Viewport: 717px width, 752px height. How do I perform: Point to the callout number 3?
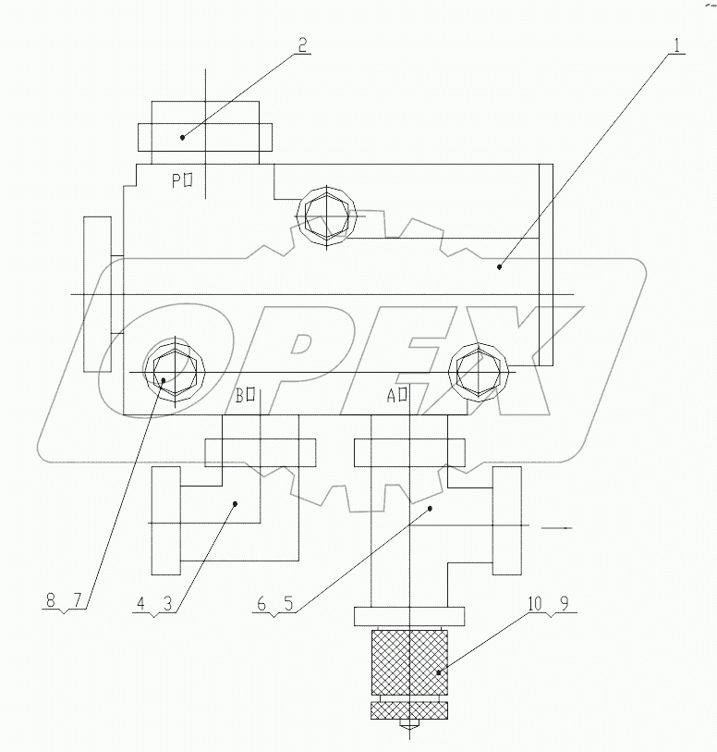(168, 601)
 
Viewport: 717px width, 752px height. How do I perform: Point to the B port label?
(245, 397)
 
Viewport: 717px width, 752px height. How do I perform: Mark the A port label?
(398, 397)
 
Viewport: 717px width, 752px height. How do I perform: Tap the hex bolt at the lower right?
(480, 371)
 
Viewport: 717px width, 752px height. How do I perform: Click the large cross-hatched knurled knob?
(408, 662)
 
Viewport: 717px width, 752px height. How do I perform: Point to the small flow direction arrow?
(557, 528)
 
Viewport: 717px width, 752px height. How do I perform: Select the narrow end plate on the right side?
(545, 265)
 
